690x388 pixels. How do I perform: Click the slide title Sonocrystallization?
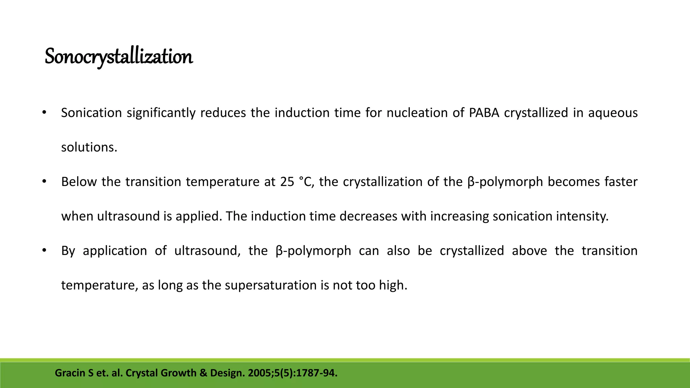(119, 57)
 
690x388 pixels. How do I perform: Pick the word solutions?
(89, 148)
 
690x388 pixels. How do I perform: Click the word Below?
(79, 182)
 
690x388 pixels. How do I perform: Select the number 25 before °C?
(287, 182)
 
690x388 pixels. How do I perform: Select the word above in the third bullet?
(529, 251)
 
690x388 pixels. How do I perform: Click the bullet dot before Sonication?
(44, 113)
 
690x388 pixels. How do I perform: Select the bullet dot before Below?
(44, 182)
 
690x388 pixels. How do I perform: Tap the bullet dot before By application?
(44, 251)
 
